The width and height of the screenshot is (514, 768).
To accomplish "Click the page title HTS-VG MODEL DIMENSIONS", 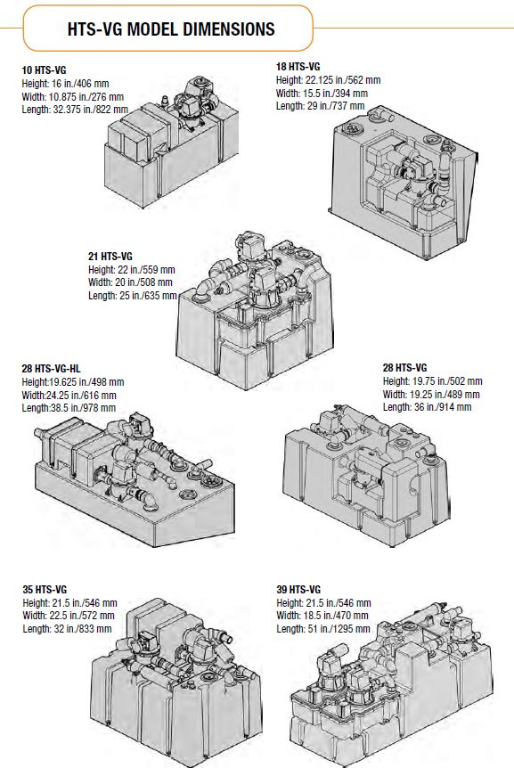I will click(171, 29).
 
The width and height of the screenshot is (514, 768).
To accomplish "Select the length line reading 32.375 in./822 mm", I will click(77, 109).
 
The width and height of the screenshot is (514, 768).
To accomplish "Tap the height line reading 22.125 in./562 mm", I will click(329, 79).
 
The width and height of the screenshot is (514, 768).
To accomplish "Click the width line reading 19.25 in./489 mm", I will click(431, 394).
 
